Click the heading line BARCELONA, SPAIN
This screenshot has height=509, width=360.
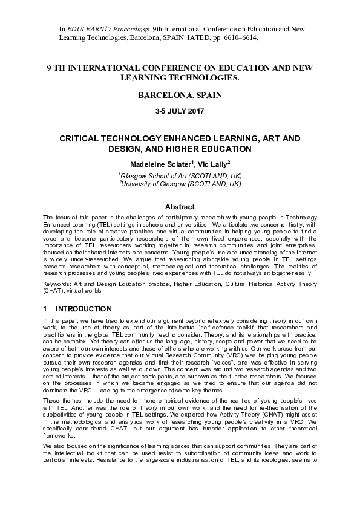(x=180, y=96)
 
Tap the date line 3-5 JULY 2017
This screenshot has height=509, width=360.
(x=180, y=112)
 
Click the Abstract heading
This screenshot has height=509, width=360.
(x=180, y=206)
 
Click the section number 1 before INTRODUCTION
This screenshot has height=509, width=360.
(x=45, y=308)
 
